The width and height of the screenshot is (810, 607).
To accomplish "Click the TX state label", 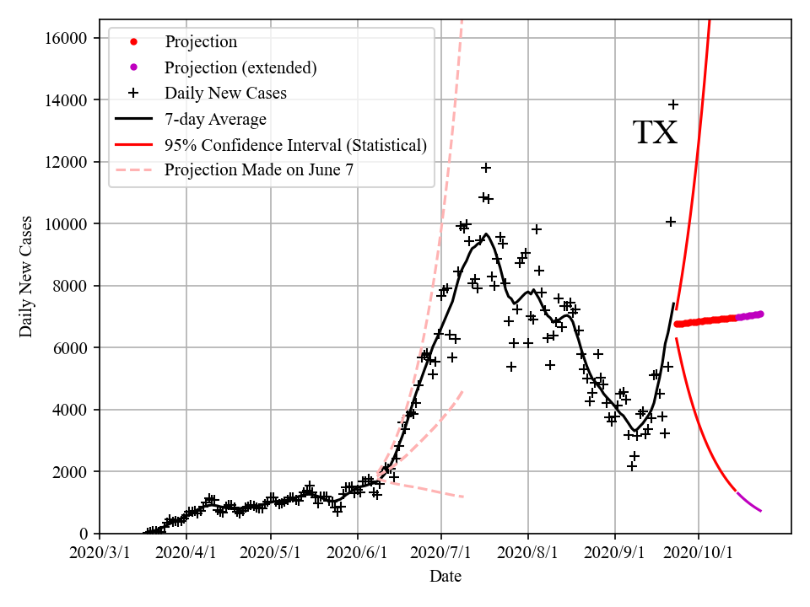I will tap(655, 133).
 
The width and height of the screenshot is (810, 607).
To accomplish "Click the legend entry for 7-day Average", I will tap(215, 119).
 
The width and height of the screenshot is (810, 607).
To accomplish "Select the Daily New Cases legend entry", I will tap(225, 93).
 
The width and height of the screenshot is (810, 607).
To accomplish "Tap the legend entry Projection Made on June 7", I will tap(258, 170).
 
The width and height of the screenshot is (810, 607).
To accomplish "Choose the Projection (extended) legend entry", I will tap(240, 67).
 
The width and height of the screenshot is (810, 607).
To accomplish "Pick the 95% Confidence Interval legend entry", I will tap(295, 145).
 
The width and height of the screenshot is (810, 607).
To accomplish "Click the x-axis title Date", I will tap(445, 577).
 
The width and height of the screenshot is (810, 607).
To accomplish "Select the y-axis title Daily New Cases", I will tap(26, 277).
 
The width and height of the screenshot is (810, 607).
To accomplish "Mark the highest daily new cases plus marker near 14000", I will tap(673, 105).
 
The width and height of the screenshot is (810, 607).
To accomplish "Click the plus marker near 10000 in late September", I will tap(671, 222).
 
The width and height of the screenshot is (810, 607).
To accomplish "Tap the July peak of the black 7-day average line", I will tap(486, 234).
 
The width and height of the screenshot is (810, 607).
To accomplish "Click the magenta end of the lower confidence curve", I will tap(760, 511).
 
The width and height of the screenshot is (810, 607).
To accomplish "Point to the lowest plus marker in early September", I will tap(631, 466).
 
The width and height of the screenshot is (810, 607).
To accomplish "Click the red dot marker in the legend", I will tap(134, 41).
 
